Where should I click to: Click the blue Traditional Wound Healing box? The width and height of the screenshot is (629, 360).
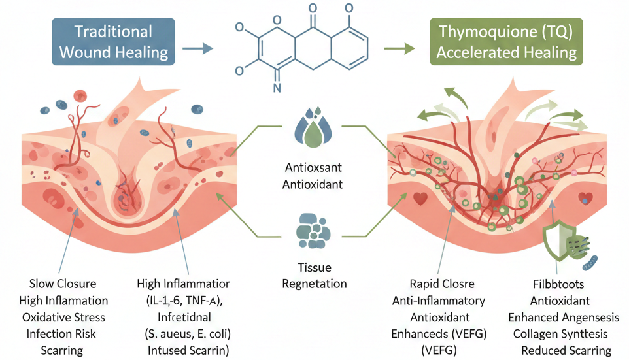point(114,42)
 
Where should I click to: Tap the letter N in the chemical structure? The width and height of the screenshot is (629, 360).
point(277,87)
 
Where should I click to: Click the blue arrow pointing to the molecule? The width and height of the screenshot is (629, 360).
point(197,48)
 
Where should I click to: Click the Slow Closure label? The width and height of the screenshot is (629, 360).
point(63,284)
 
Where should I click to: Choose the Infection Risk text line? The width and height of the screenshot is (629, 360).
point(63,333)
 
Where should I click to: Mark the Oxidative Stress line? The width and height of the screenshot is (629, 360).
point(63,317)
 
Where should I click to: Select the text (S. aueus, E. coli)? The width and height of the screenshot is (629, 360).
point(188,333)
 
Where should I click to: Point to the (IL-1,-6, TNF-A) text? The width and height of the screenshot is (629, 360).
point(188,301)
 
